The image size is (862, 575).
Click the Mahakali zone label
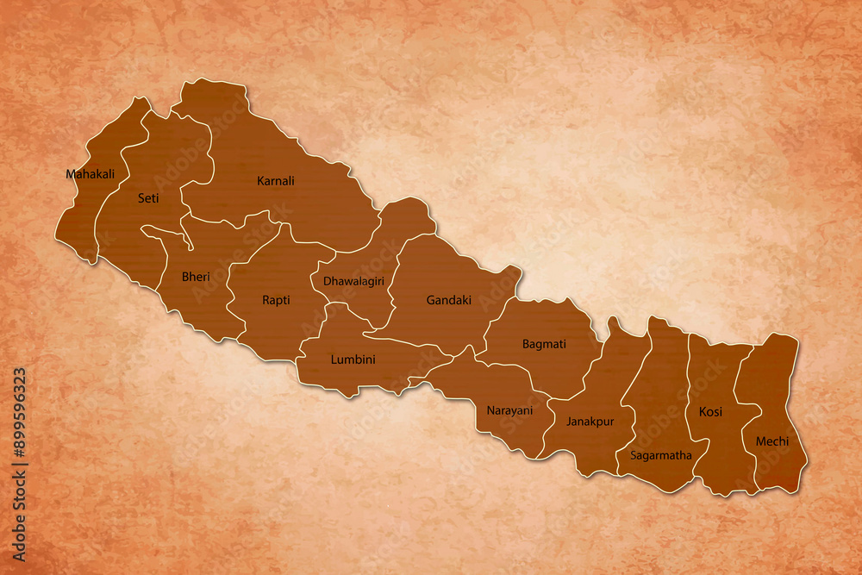(90, 174)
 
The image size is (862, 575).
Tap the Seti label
(148, 198)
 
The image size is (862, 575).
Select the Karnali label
(276, 181)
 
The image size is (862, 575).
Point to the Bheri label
(195, 277)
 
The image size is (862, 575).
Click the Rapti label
(276, 300)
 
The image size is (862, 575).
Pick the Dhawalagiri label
(353, 281)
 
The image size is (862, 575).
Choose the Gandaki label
(448, 300)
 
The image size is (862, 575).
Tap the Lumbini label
(353, 359)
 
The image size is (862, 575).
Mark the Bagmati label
(544, 344)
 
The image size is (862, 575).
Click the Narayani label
(509, 410)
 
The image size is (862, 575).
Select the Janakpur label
(590, 422)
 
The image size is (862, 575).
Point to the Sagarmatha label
(660, 455)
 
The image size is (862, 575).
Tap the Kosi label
(710, 412)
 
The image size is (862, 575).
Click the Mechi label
(771, 441)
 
